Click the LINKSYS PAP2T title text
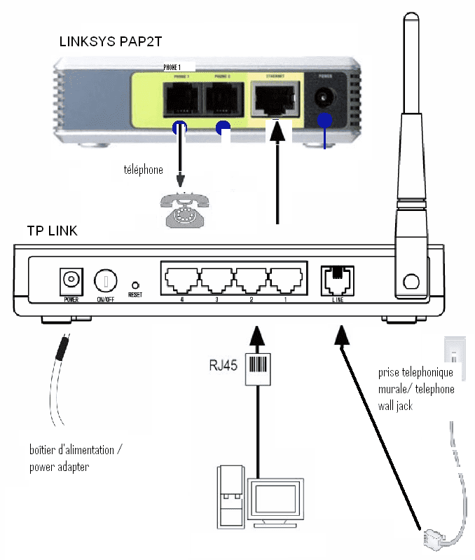point(111,42)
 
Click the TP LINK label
point(52,231)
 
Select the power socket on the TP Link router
point(71,280)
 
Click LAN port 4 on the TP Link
point(182,280)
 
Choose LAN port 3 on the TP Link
point(217,280)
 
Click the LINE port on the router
point(336,280)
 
